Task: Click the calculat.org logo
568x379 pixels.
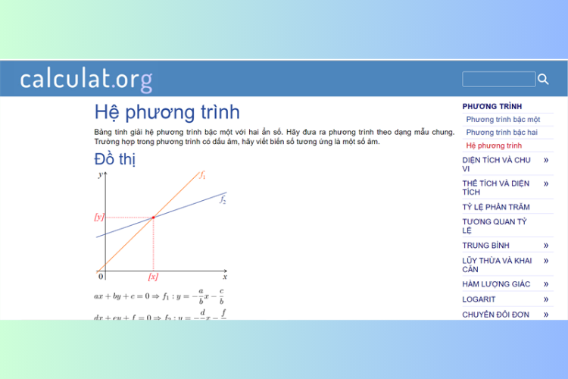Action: tap(86, 79)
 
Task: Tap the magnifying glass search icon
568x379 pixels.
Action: tap(543, 79)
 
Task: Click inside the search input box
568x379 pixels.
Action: tap(498, 79)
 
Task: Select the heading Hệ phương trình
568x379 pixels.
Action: tap(167, 112)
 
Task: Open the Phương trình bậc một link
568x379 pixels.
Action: tap(503, 120)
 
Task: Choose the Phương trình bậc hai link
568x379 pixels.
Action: tap(501, 133)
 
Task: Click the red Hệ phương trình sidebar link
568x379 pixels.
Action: tap(494, 145)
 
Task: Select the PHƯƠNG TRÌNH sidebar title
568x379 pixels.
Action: tap(492, 107)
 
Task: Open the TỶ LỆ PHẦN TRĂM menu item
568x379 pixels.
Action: tap(496, 207)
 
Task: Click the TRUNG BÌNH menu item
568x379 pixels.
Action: tap(485, 246)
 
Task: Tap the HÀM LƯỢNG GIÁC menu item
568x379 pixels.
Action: tap(496, 284)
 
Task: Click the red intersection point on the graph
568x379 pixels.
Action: tap(154, 218)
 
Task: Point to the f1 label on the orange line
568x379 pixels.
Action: tap(203, 175)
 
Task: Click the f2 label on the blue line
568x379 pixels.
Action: tap(223, 200)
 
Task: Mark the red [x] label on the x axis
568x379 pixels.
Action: tap(153, 277)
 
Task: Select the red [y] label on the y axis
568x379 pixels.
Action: tap(98, 218)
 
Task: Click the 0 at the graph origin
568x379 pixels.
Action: tap(101, 277)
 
